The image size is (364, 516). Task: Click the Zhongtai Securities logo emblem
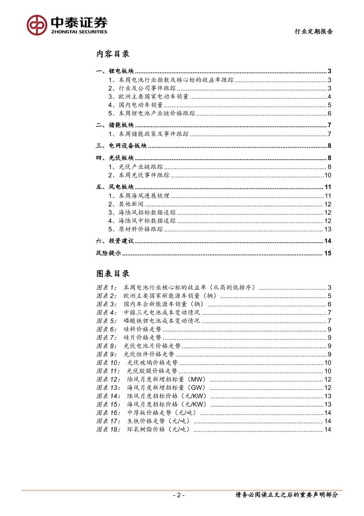pyautogui.click(x=37, y=24)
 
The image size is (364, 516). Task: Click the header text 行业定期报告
pyautogui.click(x=314, y=32)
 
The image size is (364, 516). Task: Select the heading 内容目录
pyautogui.click(x=112, y=54)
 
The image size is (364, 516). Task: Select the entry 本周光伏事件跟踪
pyautogui.click(x=144, y=175)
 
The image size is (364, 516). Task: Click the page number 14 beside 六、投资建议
pyautogui.click(x=327, y=241)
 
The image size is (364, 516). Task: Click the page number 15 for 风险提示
pyautogui.click(x=327, y=253)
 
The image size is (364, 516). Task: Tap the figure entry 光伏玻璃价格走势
pyautogui.click(x=152, y=362)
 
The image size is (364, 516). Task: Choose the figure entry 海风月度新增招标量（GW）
pyautogui.click(x=167, y=387)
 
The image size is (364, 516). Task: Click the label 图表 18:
pyautogui.click(x=109, y=429)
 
